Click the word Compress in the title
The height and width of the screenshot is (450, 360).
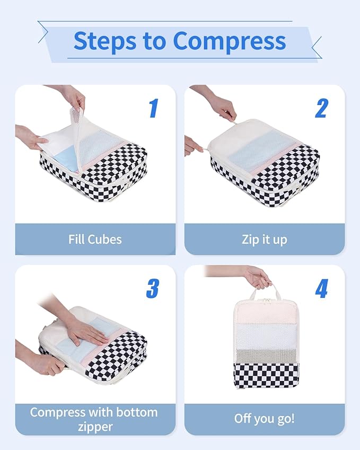pyautogui.click(x=230, y=41)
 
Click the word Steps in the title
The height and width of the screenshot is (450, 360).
pyautogui.click(x=107, y=41)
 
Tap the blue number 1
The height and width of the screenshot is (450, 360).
pyautogui.click(x=154, y=108)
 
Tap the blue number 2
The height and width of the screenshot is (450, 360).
pyautogui.click(x=322, y=108)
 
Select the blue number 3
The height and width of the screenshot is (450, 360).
pyautogui.click(x=153, y=288)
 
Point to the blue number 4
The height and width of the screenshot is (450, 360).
pyautogui.click(x=322, y=288)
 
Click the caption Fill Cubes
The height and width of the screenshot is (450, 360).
pyautogui.click(x=95, y=239)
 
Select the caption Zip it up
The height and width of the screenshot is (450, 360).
pyautogui.click(x=264, y=239)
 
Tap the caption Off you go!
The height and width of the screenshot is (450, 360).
pyautogui.click(x=264, y=418)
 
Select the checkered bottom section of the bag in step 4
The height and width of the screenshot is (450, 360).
pyautogui.click(x=264, y=376)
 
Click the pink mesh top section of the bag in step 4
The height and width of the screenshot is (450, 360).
pyautogui.click(x=264, y=315)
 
